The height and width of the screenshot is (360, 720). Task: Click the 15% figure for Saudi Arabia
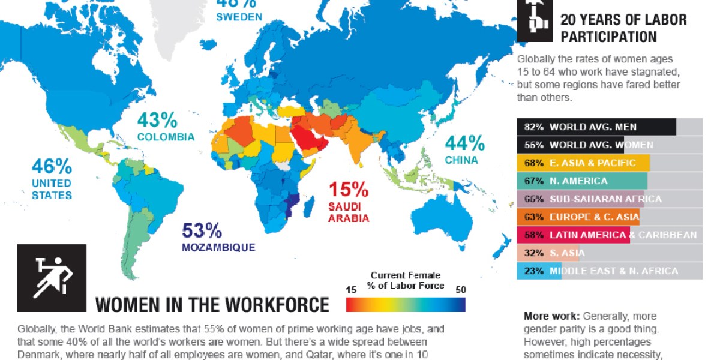(348, 190)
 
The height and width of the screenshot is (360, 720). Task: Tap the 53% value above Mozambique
(202, 230)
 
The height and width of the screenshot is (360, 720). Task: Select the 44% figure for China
(464, 143)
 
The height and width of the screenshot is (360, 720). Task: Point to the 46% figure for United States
(52, 166)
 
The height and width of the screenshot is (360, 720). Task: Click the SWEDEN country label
(239, 17)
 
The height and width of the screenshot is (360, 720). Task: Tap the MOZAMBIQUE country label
(219, 247)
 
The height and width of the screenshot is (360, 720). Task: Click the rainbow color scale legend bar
(406, 305)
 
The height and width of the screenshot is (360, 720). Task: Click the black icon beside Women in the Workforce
(52, 278)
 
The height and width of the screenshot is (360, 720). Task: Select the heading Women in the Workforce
(212, 305)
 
